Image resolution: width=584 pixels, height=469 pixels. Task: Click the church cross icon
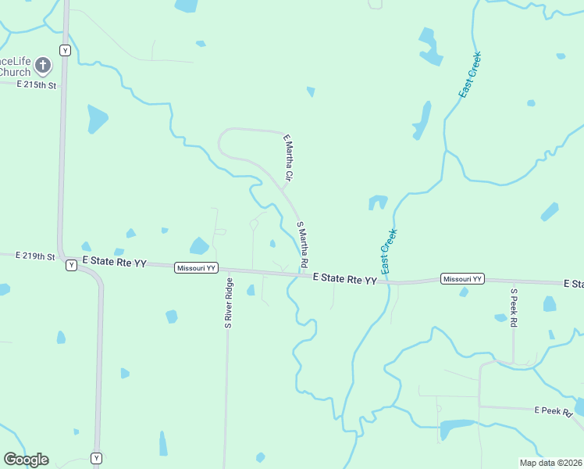pos(44,66)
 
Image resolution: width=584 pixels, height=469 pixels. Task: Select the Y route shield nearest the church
pos(65,50)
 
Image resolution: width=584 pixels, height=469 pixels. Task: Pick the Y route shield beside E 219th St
pos(71,265)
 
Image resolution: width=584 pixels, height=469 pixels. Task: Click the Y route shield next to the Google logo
pos(96,458)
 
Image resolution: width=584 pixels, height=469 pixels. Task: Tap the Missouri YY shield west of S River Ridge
pos(193,267)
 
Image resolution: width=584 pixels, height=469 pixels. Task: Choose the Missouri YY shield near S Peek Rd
pos(462,279)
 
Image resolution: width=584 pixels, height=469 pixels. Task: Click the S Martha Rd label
pos(303,244)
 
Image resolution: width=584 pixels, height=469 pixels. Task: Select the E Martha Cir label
pos(288,159)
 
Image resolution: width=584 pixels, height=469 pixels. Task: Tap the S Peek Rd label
pos(514,309)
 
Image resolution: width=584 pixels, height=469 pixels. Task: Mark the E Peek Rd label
pos(554,410)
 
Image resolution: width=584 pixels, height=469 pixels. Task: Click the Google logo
pos(26,460)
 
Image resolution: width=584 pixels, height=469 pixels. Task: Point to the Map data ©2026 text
pos(551,463)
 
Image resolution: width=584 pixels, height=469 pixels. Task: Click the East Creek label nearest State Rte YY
pos(388,249)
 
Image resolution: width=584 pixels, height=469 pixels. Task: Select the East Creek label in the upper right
pos(470,75)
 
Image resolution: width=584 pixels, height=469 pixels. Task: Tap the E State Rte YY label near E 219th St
pos(114,263)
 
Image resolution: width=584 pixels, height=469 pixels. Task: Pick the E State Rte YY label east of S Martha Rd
pos(344,278)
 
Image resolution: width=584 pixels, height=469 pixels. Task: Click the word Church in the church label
pos(15,73)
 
